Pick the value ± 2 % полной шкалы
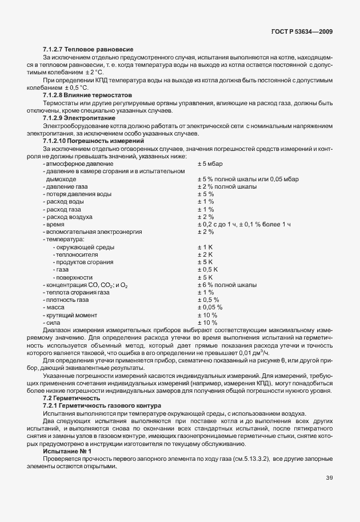click(227, 186)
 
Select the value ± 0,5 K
click(208, 269)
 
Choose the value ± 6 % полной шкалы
click(227, 285)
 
